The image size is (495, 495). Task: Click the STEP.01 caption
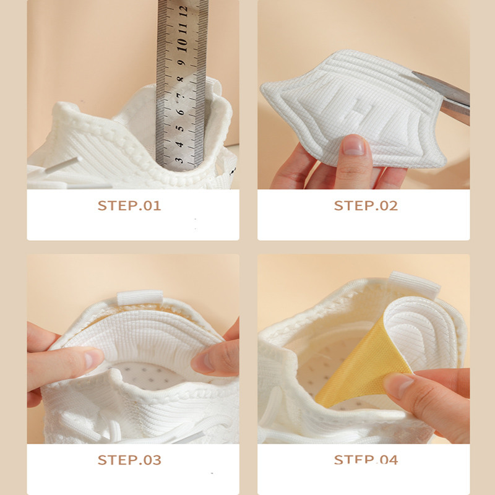129,205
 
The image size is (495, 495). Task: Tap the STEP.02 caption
366,205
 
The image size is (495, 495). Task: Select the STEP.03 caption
129,460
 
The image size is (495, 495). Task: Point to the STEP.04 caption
366,460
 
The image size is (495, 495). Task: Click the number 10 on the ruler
182,45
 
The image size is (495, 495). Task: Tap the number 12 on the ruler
183,11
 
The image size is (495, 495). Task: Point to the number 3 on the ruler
179,160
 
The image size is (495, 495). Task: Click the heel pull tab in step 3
140,298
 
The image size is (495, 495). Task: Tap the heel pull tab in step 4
414,284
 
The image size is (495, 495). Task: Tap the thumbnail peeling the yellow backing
398,385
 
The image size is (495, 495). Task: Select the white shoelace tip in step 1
62,165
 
